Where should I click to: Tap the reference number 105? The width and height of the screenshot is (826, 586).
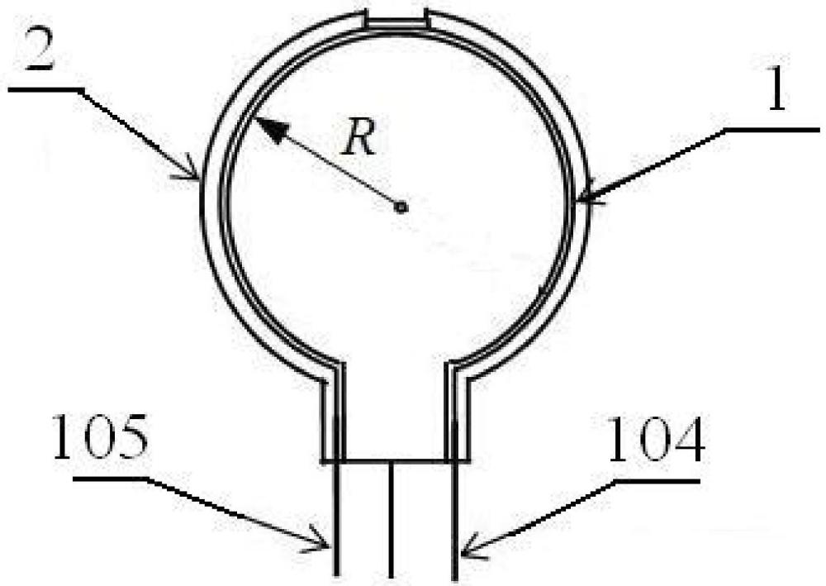point(100,437)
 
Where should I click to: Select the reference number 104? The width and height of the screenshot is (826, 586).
point(656,440)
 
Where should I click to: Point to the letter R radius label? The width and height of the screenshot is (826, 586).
point(358,137)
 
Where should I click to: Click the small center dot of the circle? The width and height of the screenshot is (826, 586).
point(401,207)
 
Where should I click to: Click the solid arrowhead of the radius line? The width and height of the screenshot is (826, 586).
point(272,129)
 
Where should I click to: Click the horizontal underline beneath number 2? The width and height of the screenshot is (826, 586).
point(45,90)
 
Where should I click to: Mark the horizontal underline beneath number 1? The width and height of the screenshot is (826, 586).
point(772,129)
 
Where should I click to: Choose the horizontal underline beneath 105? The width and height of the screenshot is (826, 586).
point(110,479)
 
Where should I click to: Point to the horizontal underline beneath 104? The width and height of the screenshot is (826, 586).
point(658,481)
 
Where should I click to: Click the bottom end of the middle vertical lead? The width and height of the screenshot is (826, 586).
point(391,577)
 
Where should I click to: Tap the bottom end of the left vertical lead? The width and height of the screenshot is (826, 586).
point(337,574)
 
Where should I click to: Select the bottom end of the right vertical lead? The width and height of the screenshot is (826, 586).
point(454,579)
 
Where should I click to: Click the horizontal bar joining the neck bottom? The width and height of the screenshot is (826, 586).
point(395,462)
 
